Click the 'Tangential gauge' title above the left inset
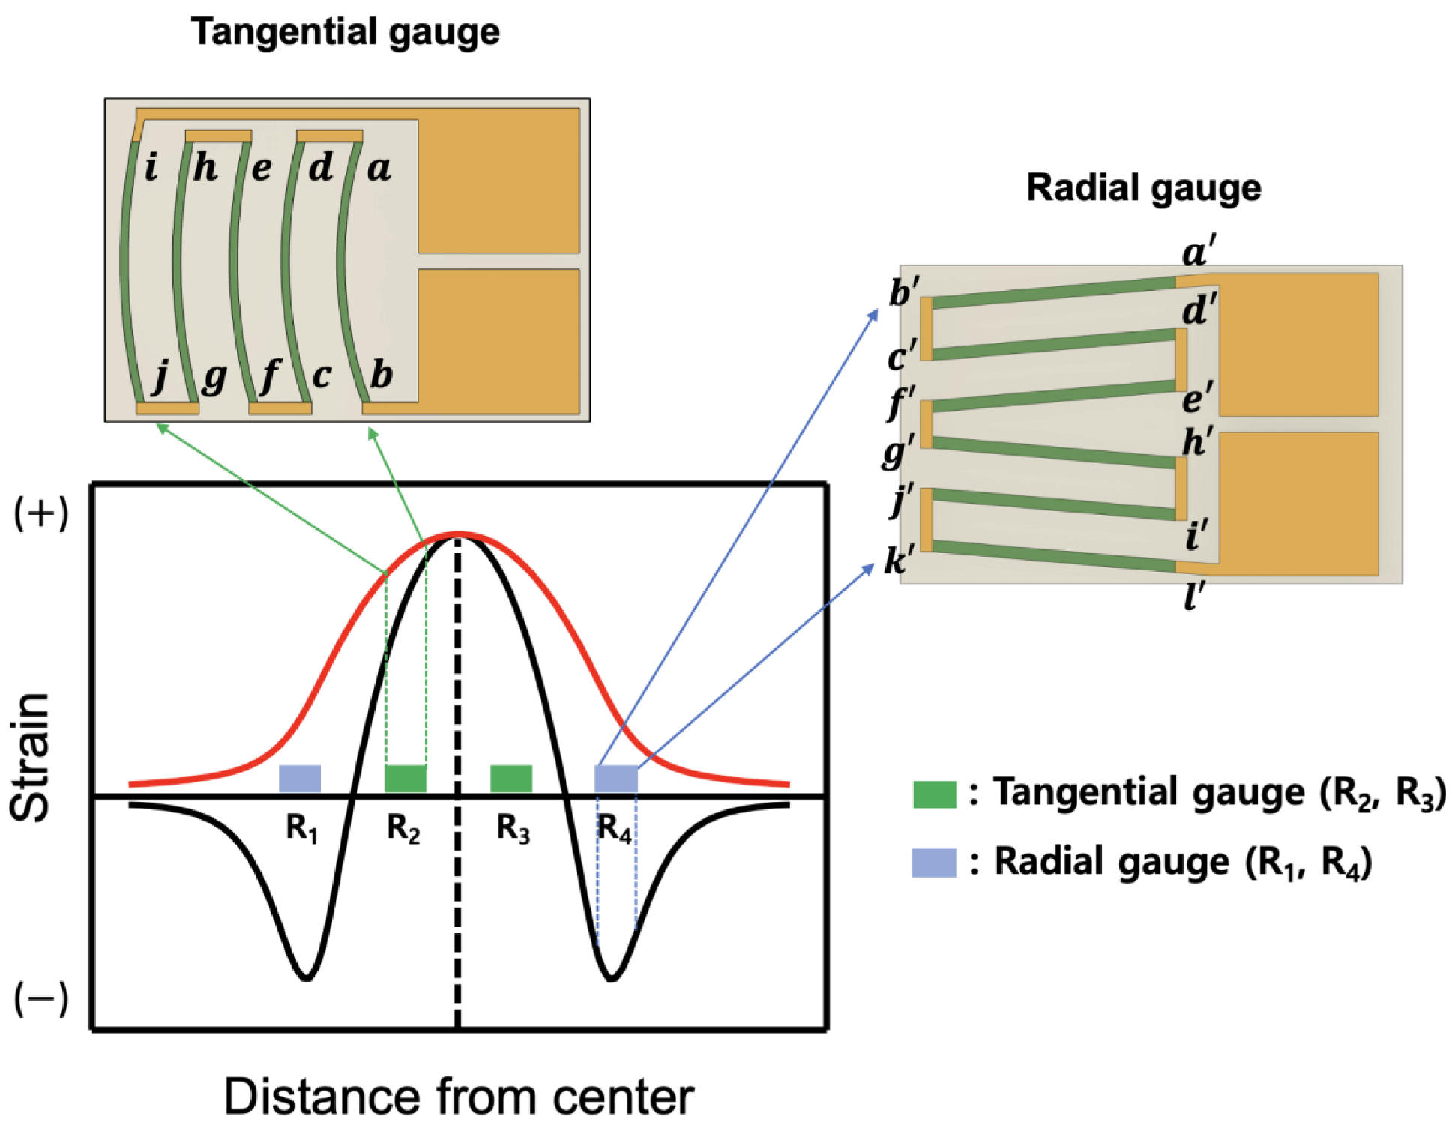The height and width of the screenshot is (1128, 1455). (x=345, y=33)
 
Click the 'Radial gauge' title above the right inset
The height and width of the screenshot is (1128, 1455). (x=1142, y=187)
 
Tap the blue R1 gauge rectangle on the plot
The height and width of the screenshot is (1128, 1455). (x=300, y=779)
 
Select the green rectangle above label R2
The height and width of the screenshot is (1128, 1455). (x=406, y=779)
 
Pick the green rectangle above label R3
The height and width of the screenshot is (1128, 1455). (x=511, y=779)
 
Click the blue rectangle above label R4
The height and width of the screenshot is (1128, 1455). (x=616, y=779)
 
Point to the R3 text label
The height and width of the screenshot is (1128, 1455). (x=513, y=829)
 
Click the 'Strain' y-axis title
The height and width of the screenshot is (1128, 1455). (x=31, y=757)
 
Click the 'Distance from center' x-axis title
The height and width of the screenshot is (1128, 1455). (x=459, y=1097)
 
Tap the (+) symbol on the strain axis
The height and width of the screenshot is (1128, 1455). (x=42, y=513)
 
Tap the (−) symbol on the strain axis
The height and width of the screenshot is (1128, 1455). (x=42, y=998)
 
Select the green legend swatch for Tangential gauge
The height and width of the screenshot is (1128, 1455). (x=934, y=794)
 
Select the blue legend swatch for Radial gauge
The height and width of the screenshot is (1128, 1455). (x=934, y=862)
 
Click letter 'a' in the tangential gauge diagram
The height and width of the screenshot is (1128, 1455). (x=379, y=168)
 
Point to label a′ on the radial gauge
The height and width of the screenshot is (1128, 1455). (x=1199, y=251)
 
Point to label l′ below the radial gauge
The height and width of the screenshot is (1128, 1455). (x=1194, y=597)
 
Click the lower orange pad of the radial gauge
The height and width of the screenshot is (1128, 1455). (x=1298, y=504)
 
